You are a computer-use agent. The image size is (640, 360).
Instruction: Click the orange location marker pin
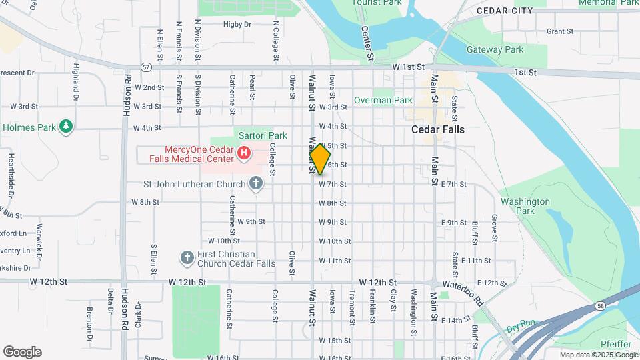click(320, 160)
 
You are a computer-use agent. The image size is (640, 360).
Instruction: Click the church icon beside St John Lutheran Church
click(255, 183)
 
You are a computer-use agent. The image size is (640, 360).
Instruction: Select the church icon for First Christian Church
click(187, 257)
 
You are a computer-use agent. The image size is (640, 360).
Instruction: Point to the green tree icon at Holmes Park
click(65, 126)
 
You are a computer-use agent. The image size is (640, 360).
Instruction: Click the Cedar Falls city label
click(438, 129)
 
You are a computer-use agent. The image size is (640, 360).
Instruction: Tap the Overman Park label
click(383, 100)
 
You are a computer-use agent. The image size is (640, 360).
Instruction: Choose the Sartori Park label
click(263, 135)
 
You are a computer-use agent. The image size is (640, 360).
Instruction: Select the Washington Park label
click(525, 206)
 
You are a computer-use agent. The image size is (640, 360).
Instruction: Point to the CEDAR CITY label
click(505, 11)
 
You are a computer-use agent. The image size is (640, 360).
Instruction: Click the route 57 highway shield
click(145, 67)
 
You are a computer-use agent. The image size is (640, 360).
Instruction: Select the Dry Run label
click(521, 329)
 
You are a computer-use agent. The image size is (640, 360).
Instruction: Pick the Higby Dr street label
click(237, 24)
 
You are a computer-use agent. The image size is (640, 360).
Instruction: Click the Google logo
click(22, 352)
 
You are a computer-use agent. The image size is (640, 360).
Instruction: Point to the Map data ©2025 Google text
click(597, 355)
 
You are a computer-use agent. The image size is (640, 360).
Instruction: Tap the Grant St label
click(559, 31)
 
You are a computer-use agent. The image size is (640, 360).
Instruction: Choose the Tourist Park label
click(377, 3)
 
